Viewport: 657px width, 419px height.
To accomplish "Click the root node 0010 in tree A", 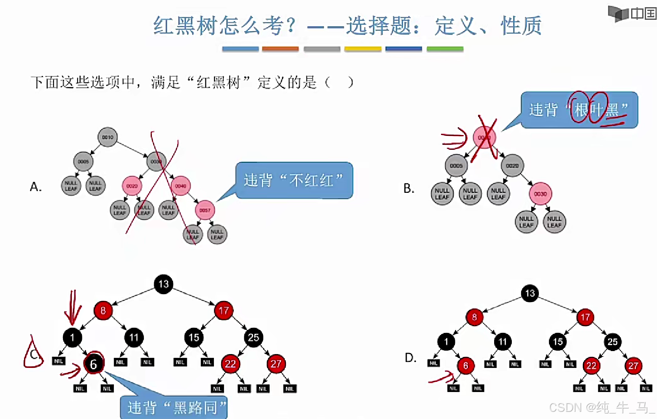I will pyautogui.click(x=108, y=137).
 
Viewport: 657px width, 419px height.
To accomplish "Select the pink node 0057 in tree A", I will pyautogui.click(x=205, y=210).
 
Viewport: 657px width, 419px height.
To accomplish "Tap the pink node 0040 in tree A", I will pyautogui.click(x=181, y=186).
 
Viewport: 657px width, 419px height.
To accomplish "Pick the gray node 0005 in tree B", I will pyautogui.click(x=456, y=165).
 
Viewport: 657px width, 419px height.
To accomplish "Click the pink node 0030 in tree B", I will pyautogui.click(x=540, y=194).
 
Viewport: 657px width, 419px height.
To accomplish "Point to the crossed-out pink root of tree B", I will pyautogui.click(x=484, y=137).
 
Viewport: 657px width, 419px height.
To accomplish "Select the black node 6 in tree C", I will pyautogui.click(x=94, y=364).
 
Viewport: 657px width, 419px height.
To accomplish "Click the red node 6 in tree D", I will pyautogui.click(x=465, y=365).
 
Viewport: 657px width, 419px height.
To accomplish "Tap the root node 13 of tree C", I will pyautogui.click(x=163, y=284).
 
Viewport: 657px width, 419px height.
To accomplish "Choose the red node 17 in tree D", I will pyautogui.click(x=585, y=317).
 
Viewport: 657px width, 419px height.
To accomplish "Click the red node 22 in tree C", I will pyautogui.click(x=230, y=364).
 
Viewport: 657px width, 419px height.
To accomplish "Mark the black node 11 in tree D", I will pyautogui.click(x=502, y=341).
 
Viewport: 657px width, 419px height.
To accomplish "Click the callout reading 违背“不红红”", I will pyautogui.click(x=294, y=180).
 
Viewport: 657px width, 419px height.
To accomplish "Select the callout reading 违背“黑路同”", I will pyautogui.click(x=174, y=407).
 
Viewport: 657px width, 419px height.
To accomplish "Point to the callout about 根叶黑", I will pyautogui.click(x=579, y=110).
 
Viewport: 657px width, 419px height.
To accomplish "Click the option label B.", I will pyautogui.click(x=408, y=188).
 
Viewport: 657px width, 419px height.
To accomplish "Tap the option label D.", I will pyautogui.click(x=410, y=358).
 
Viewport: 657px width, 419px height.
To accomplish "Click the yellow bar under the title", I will pyautogui.click(x=362, y=49).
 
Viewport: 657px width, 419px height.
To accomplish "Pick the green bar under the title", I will pyautogui.click(x=445, y=49).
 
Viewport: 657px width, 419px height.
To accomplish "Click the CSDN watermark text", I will pyautogui.click(x=601, y=408).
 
